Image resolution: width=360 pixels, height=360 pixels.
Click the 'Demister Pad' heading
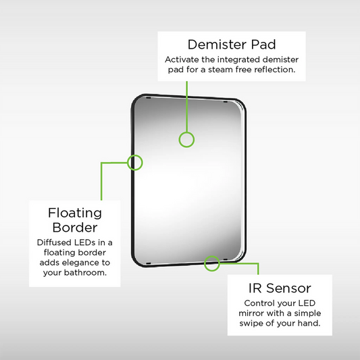[232, 45]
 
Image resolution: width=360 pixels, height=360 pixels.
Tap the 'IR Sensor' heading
[280, 288]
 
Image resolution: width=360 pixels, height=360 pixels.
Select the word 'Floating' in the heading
[75, 213]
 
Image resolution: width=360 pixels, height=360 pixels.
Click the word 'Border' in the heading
[75, 228]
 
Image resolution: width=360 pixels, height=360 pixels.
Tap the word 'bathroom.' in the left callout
[85, 272]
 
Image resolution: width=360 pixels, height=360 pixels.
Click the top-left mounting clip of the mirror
[149, 98]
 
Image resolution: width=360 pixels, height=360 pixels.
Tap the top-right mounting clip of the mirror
[226, 101]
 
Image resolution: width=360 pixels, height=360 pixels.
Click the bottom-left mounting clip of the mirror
[149, 263]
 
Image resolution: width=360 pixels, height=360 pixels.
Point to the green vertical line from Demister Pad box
[187, 107]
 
